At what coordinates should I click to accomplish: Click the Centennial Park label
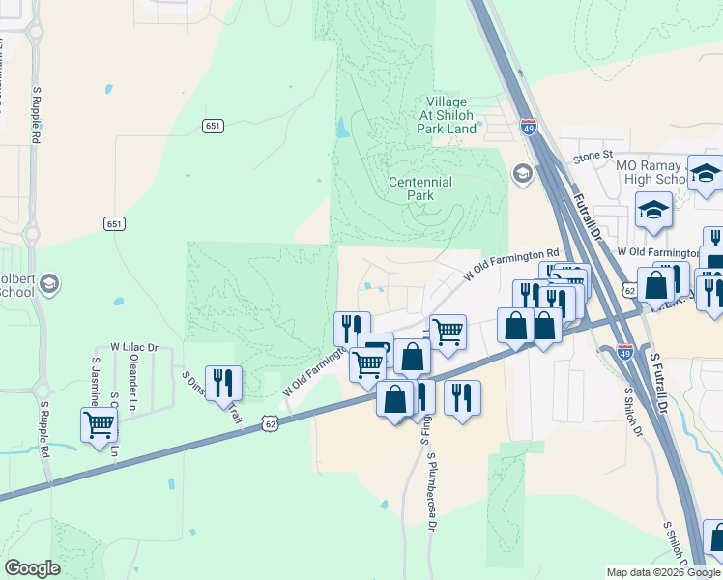tap(419, 188)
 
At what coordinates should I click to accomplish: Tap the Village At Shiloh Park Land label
tap(447, 115)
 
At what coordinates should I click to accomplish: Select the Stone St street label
tap(593, 155)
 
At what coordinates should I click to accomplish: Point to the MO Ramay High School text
tap(651, 172)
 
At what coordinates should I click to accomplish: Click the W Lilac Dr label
tap(133, 346)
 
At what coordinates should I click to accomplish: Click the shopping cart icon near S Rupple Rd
tap(100, 424)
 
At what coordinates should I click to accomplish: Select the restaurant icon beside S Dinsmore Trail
tap(223, 383)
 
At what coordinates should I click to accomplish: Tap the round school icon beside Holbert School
tap(48, 284)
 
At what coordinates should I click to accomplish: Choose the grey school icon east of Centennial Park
tap(523, 174)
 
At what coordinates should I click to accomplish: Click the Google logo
tap(32, 568)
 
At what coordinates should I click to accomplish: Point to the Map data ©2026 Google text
tap(663, 572)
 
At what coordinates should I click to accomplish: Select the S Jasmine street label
tap(95, 379)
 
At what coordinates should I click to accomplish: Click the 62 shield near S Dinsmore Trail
tap(270, 423)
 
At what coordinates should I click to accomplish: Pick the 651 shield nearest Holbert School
tap(115, 223)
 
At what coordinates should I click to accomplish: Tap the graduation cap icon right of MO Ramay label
tap(706, 173)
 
